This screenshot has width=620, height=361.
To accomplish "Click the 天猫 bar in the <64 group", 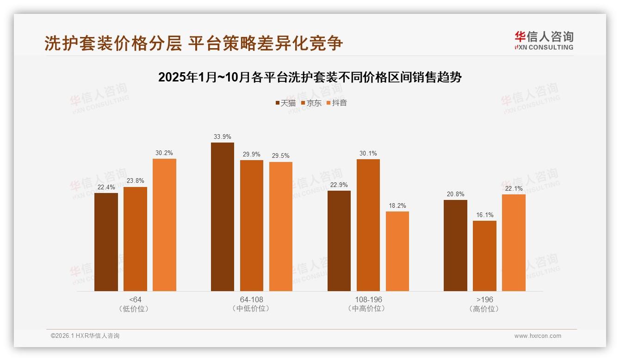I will (x=106, y=242).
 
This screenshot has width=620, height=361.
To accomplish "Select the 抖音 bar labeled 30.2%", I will (x=164, y=225).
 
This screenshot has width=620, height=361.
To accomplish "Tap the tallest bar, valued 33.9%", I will (x=223, y=217).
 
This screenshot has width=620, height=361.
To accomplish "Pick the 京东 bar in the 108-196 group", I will (x=368, y=225).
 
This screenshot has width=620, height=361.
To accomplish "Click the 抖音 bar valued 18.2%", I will (x=397, y=251).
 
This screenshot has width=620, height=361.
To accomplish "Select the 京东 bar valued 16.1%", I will (x=484, y=256).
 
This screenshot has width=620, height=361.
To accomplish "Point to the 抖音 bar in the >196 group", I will (x=514, y=243).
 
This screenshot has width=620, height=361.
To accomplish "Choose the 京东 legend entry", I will (x=311, y=103).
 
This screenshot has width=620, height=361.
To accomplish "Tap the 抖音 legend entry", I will (x=336, y=103).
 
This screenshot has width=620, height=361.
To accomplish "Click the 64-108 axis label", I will (x=251, y=299).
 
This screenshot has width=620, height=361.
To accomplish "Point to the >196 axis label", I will (x=484, y=299).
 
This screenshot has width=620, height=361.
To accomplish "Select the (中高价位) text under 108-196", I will (x=368, y=309).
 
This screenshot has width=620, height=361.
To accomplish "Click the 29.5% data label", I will (x=281, y=156).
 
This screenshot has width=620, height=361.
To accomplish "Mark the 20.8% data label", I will (x=455, y=194).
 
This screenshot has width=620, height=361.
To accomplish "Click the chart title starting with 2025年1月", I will (x=310, y=77).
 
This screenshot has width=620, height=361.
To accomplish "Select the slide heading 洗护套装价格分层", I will (x=193, y=43).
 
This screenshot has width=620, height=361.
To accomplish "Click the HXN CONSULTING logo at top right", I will (x=544, y=40).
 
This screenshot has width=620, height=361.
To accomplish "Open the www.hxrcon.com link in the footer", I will (x=537, y=336).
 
